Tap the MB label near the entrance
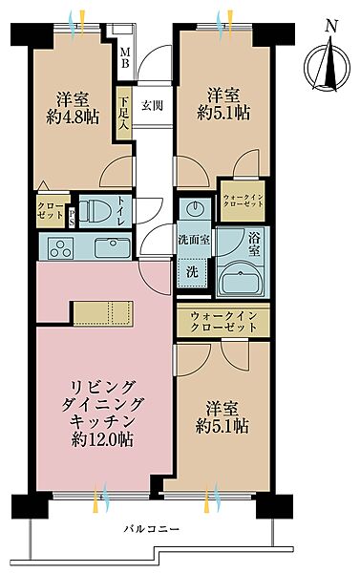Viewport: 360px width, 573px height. pyautogui.click(x=124, y=59)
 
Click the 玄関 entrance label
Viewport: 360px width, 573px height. pyautogui.click(x=152, y=105)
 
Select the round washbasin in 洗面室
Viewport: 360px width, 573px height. pyautogui.click(x=193, y=210)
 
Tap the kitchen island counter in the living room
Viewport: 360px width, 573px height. pyautogui.click(x=105, y=313)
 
